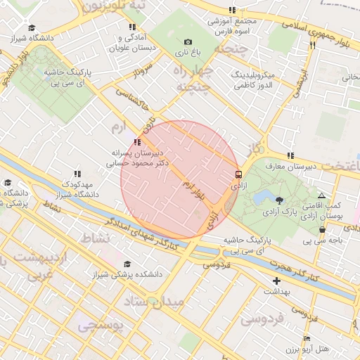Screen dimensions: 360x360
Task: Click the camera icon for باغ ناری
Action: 188,43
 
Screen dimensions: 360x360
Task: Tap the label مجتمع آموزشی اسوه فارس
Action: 233,27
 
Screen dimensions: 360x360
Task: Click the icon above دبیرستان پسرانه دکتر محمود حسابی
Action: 136,142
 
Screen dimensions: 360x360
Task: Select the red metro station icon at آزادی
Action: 238,174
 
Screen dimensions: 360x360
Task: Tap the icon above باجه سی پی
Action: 323,229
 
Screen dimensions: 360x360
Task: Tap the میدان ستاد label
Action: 153,302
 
